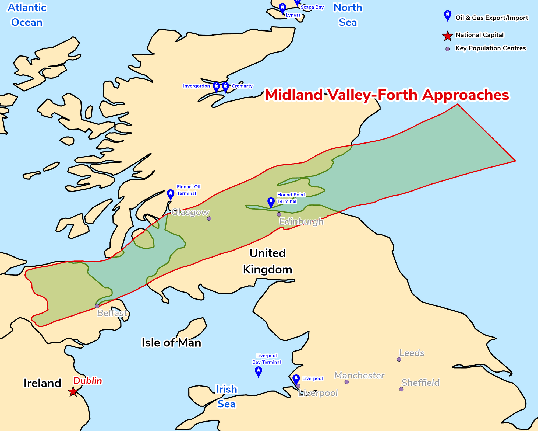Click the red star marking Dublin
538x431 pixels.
click(x=73, y=392)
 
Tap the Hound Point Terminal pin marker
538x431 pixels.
click(x=271, y=202)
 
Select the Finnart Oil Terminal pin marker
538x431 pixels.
click(x=171, y=194)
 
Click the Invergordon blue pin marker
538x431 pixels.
click(x=216, y=87)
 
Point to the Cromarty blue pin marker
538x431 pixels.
click(x=225, y=87)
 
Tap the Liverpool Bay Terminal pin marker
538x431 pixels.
click(x=258, y=371)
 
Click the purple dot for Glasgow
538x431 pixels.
click(x=209, y=218)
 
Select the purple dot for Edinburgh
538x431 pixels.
click(x=279, y=214)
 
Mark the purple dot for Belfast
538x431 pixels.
click(x=97, y=306)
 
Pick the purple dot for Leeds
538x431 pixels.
click(x=399, y=359)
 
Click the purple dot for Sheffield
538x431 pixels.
click(x=401, y=389)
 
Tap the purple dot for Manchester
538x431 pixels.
click(x=347, y=382)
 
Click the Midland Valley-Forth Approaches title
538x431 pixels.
click(x=387, y=95)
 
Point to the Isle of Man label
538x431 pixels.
click(x=171, y=343)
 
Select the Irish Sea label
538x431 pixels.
click(x=226, y=397)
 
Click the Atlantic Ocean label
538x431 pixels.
click(x=27, y=15)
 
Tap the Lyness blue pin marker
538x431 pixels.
click(x=282, y=8)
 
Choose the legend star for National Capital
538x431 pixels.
click(x=447, y=36)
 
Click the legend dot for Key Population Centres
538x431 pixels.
click(x=448, y=49)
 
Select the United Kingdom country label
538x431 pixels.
click(x=267, y=261)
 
